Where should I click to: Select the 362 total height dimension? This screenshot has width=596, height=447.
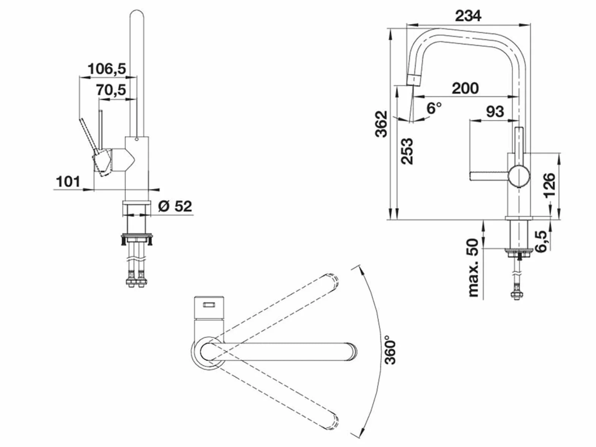pyautogui.click(x=381, y=124)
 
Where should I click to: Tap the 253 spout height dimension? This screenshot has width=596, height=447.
pyautogui.click(x=407, y=151)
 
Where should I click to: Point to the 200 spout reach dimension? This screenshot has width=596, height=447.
pyautogui.click(x=465, y=88)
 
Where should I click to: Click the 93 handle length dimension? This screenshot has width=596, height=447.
pyautogui.click(x=495, y=111)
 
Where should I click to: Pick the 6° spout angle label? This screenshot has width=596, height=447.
pyautogui.click(x=434, y=108)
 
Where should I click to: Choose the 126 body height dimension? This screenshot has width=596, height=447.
pyautogui.click(x=549, y=185)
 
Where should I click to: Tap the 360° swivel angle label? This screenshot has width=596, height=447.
pyautogui.click(x=390, y=350)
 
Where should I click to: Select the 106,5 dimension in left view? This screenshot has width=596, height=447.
pyautogui.click(x=107, y=69)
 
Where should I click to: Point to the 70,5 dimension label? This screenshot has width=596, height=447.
pyautogui.click(x=111, y=90)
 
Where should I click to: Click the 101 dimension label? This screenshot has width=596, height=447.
pyautogui.click(x=68, y=182)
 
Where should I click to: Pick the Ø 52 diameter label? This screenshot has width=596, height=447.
pyautogui.click(x=175, y=206)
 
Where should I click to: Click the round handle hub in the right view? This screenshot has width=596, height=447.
pyautogui.click(x=518, y=177)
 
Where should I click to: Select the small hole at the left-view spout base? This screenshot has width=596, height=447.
pyautogui.click(x=136, y=139)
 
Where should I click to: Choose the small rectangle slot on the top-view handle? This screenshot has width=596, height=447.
pyautogui.click(x=209, y=305)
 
